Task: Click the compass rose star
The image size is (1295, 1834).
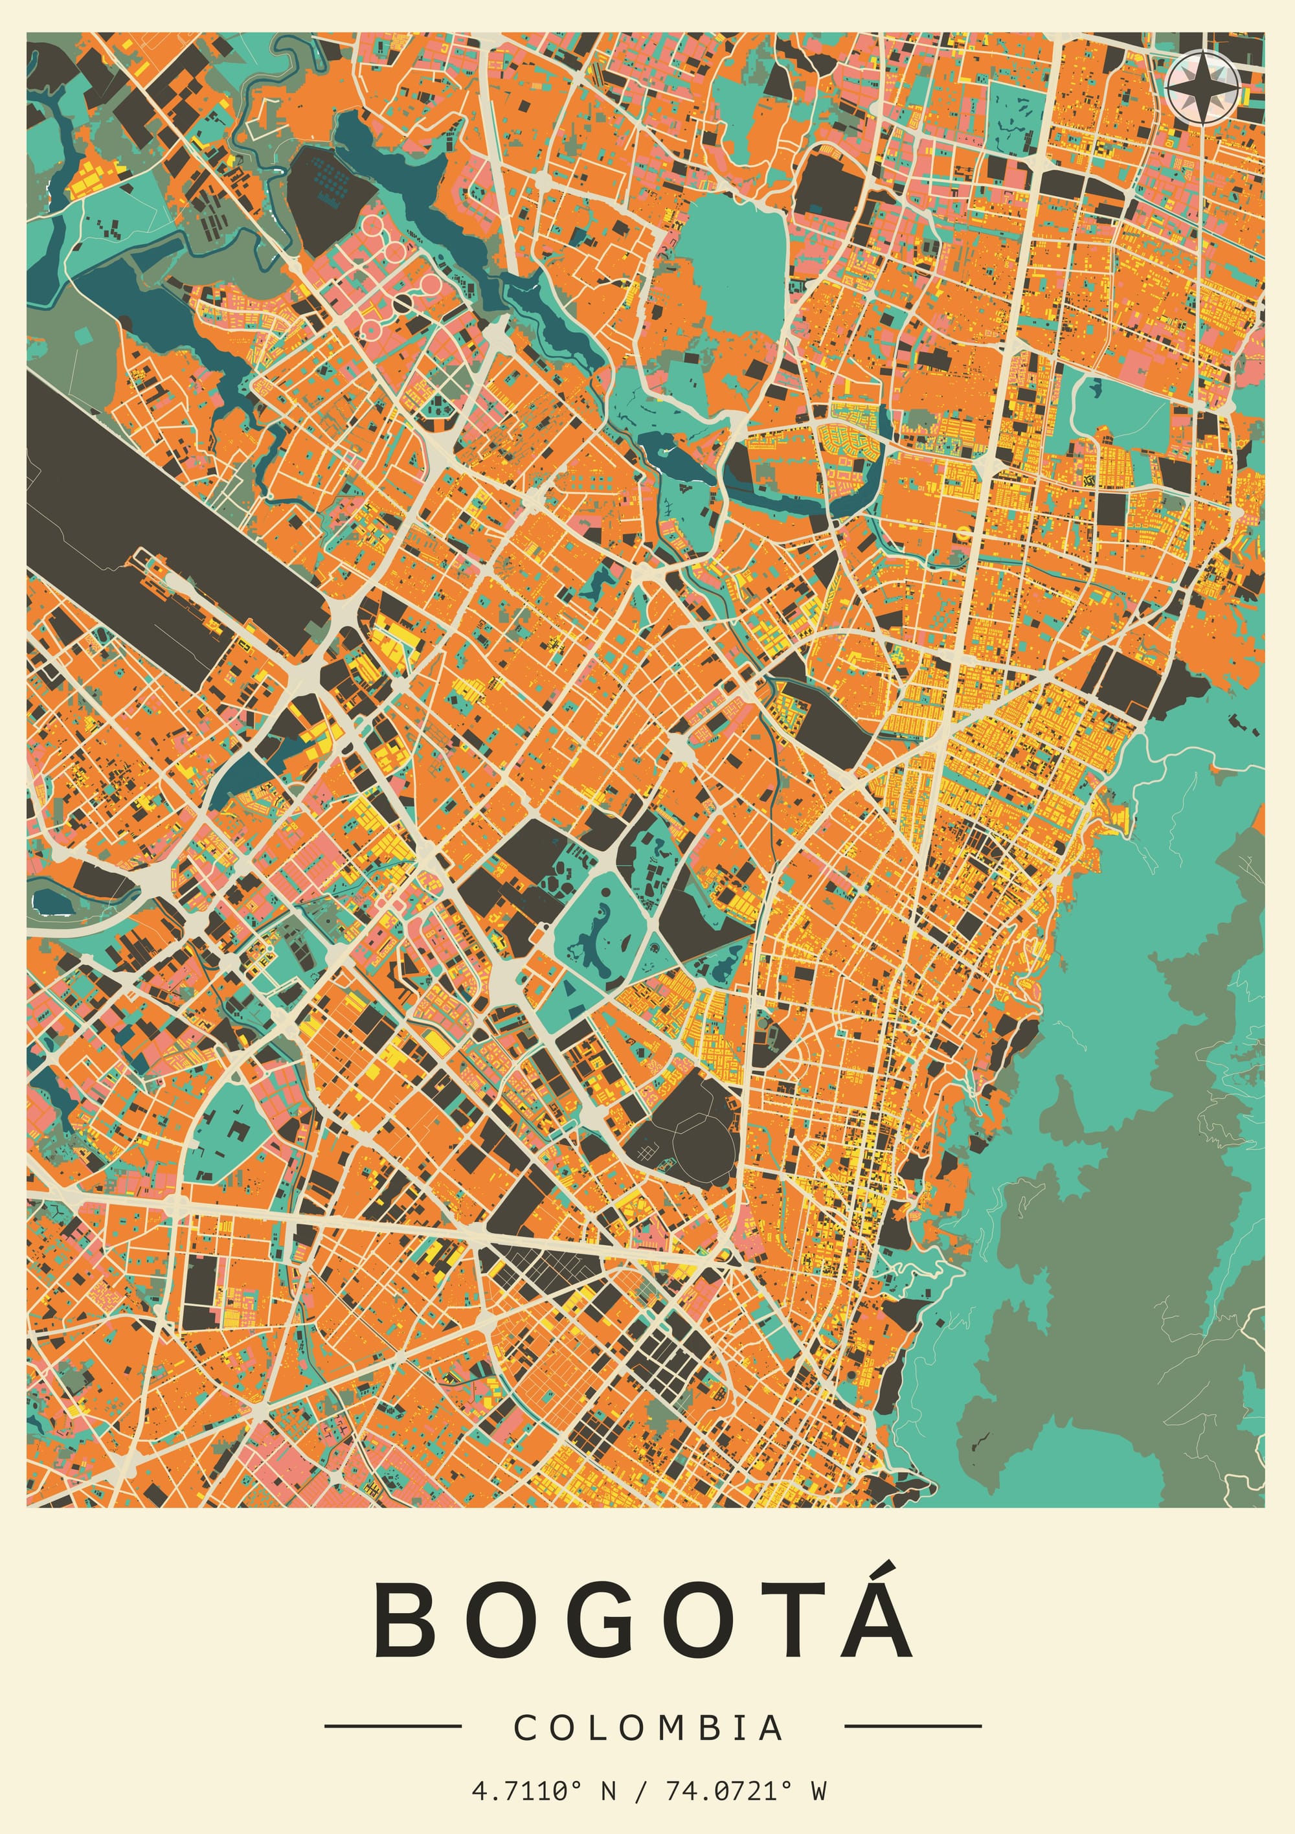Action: click(x=1202, y=86)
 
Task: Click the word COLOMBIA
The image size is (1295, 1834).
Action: click(x=648, y=1728)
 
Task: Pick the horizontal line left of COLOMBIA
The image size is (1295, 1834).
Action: click(x=392, y=1726)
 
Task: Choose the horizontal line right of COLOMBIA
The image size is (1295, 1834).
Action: click(x=912, y=1726)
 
